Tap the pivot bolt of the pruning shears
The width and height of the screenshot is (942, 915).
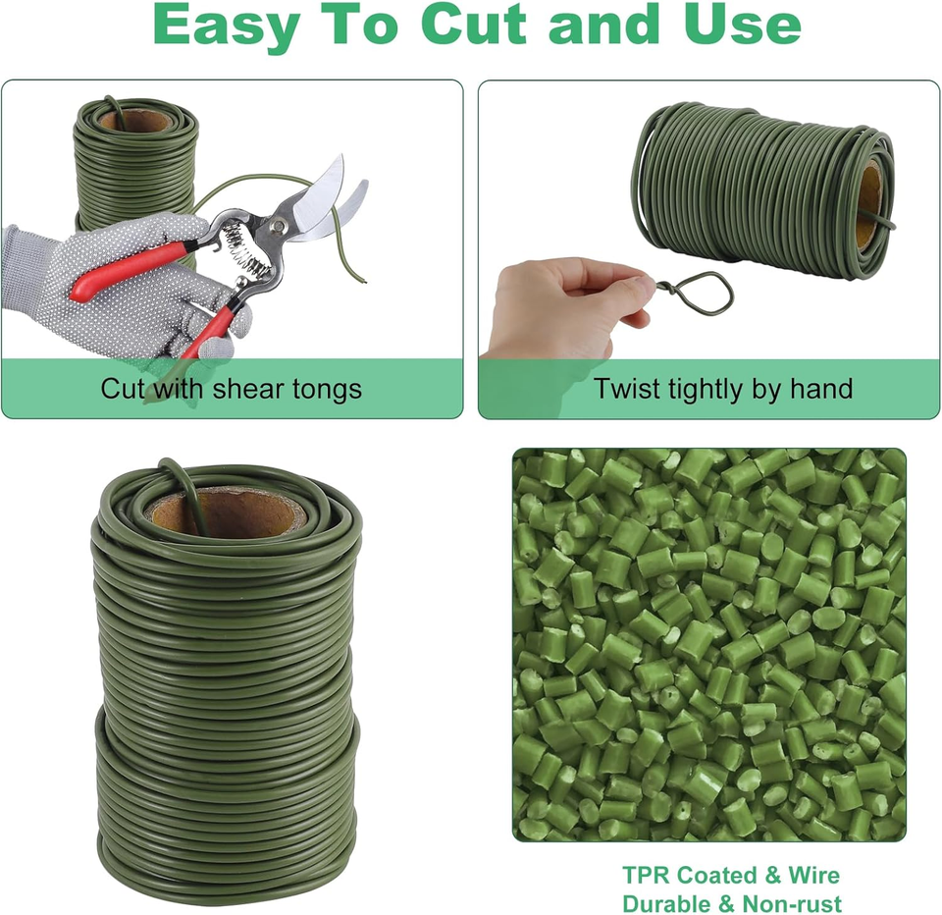coord(279,227)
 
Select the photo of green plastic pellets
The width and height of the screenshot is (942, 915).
coord(708,644)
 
